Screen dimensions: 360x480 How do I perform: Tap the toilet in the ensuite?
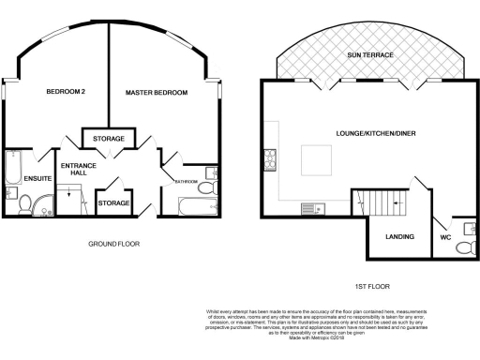[x=25, y=200]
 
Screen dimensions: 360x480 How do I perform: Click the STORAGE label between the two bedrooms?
[x=109, y=140]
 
